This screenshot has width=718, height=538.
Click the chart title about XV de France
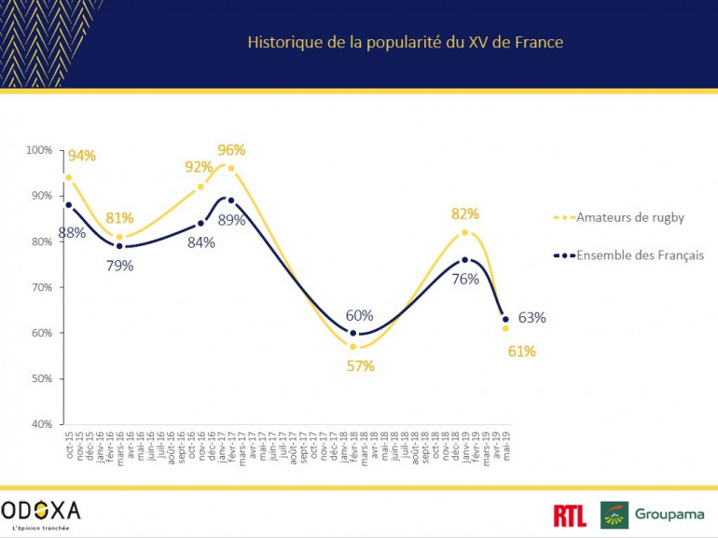click(x=405, y=42)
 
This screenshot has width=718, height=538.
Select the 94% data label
click(x=81, y=156)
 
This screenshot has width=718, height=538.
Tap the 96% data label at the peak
click(x=231, y=149)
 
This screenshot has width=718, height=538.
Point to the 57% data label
click(x=360, y=366)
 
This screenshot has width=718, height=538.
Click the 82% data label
click(x=464, y=214)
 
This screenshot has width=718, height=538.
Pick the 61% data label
click(x=521, y=352)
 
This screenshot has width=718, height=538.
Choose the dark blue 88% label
click(x=72, y=233)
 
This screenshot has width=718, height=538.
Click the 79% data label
click(x=119, y=266)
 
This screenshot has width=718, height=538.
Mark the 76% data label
click(x=465, y=279)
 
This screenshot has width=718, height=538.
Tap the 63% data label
click(x=532, y=318)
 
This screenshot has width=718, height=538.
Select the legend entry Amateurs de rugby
click(x=631, y=217)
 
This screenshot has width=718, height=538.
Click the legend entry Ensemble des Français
click(x=640, y=255)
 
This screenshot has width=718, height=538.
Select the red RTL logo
click(x=570, y=515)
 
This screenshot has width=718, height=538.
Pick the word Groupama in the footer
click(x=670, y=514)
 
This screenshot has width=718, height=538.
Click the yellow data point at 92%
click(x=200, y=186)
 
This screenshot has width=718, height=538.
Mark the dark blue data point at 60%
click(x=353, y=333)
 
